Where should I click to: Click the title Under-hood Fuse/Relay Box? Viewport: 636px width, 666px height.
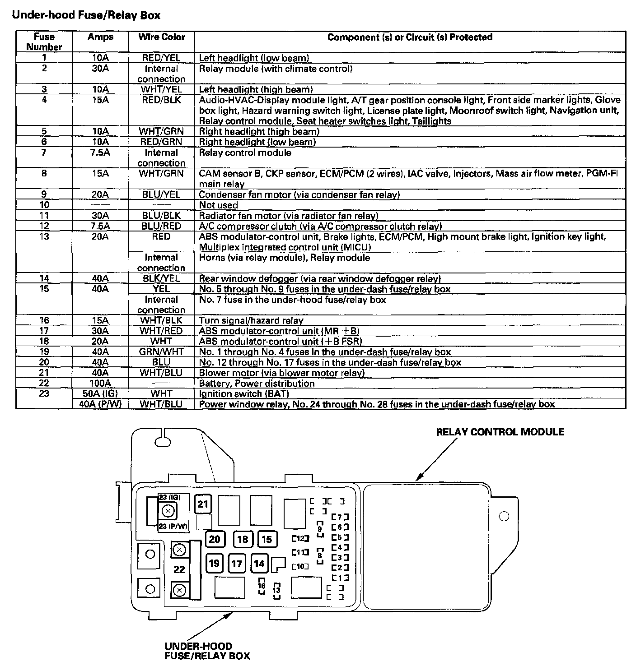tap(86, 15)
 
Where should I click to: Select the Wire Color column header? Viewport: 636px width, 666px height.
tap(161, 37)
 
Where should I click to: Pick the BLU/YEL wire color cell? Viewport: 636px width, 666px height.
tap(161, 195)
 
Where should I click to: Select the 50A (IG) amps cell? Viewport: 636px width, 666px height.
tap(98, 394)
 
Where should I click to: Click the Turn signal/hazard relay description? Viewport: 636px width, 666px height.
tap(251, 321)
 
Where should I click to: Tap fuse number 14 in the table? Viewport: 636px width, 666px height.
tap(44, 279)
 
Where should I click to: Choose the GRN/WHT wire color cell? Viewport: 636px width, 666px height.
tap(161, 352)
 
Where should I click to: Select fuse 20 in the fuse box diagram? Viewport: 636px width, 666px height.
tap(215, 539)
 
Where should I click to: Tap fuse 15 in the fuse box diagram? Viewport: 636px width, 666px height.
tap(267, 539)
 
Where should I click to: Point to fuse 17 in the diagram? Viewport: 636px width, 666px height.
tap(237, 563)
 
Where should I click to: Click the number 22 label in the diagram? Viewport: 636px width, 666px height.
tap(179, 569)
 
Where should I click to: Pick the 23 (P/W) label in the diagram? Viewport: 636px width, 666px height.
tap(173, 527)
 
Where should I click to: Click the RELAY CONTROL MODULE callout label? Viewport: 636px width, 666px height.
tap(500, 432)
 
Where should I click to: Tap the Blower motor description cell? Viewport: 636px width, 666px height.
tap(281, 373)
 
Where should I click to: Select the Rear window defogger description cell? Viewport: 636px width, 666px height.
tap(319, 279)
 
